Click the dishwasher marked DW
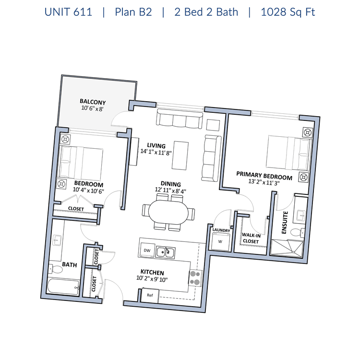[x=147, y=250]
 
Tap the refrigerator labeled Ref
[x=150, y=295]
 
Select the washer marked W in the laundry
[x=220, y=241]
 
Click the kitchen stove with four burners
[x=196, y=278]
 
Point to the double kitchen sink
[x=166, y=252]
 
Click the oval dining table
[x=168, y=212]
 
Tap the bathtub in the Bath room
[x=63, y=287]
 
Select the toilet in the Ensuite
[x=298, y=232]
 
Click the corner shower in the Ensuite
[x=287, y=248]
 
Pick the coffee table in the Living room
[x=180, y=156]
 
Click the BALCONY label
[x=93, y=102]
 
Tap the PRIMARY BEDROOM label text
[x=264, y=176]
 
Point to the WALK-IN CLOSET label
[x=251, y=238]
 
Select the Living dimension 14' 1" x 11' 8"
[x=156, y=152]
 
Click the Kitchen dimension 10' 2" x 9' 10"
[x=152, y=279]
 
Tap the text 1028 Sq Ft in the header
[x=288, y=12]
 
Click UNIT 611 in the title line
[x=68, y=12]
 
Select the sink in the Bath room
[x=57, y=240]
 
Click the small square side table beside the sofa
[x=213, y=125]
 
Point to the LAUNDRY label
[x=221, y=230]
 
